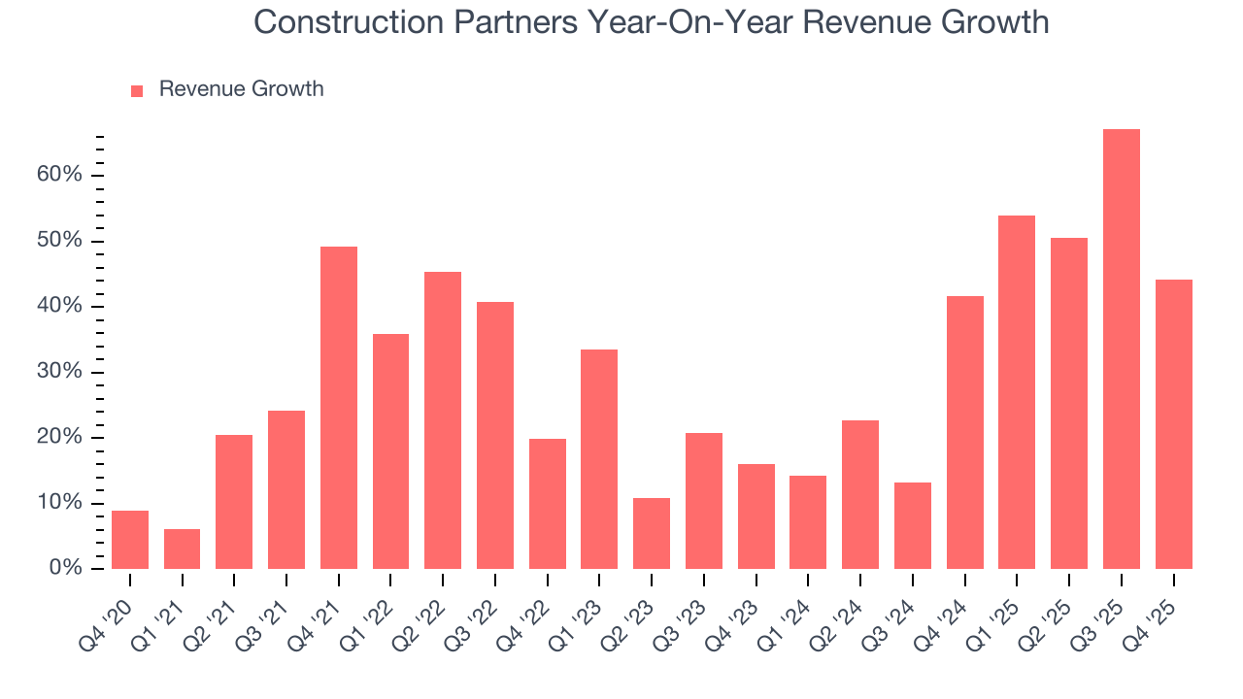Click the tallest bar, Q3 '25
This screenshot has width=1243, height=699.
pos(1121,349)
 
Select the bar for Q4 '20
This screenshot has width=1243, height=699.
pos(130,540)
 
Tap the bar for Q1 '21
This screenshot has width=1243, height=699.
pos(182,549)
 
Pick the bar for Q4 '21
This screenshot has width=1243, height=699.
pos(339,408)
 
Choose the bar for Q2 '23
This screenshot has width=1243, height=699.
pos(652,534)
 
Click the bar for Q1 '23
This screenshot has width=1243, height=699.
pos(599,459)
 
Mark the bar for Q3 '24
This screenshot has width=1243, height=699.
pos(913,525)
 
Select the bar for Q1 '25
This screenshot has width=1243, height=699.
pos(1017,392)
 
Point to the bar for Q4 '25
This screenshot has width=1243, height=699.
pos(1173,424)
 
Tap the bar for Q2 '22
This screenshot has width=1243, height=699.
pos(443,420)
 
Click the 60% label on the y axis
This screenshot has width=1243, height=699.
pos(60,176)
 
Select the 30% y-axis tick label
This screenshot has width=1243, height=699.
pos(60,372)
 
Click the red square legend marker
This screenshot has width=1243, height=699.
pos(137,90)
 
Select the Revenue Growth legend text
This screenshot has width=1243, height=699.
pos(241,89)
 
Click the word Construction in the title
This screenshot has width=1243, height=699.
pos(343,21)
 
